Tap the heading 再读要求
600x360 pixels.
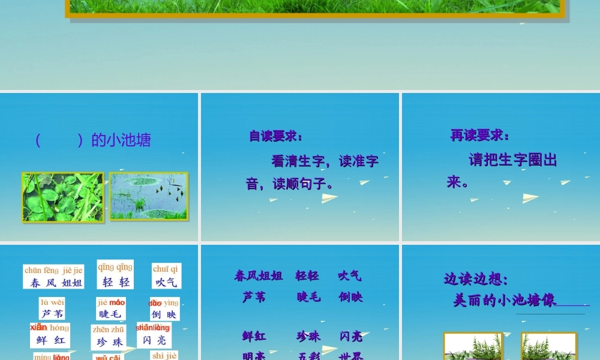pos(480,136)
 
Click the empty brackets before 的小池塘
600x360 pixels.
pos(59,140)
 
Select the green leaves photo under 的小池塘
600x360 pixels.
pos(62,197)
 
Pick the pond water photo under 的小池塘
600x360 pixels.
pos(149,196)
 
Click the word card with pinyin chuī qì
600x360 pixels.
pos(166,276)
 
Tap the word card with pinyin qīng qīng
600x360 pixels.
pos(115,275)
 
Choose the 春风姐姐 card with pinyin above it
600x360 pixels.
pos(54,277)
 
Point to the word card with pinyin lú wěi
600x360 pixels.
pos(52,308)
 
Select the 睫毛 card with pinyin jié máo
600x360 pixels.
pos(111,308)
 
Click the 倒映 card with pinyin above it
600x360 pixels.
pos(164,309)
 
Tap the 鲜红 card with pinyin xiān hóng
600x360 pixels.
pos(50,335)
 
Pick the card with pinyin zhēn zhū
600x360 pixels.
pos(109,337)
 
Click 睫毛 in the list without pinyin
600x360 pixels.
pos(308,297)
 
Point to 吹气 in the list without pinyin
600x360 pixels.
pos(350,276)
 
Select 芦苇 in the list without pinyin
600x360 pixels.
pos(254,297)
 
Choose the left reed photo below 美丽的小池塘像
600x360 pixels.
pos(473,347)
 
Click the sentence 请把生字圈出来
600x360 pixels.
pos(502,170)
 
